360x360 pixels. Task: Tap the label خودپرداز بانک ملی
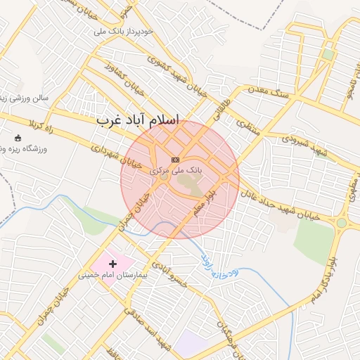click(x=113, y=32)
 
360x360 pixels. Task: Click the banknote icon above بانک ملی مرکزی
click(x=175, y=160)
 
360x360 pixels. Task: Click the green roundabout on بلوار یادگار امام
click(x=342, y=223)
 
